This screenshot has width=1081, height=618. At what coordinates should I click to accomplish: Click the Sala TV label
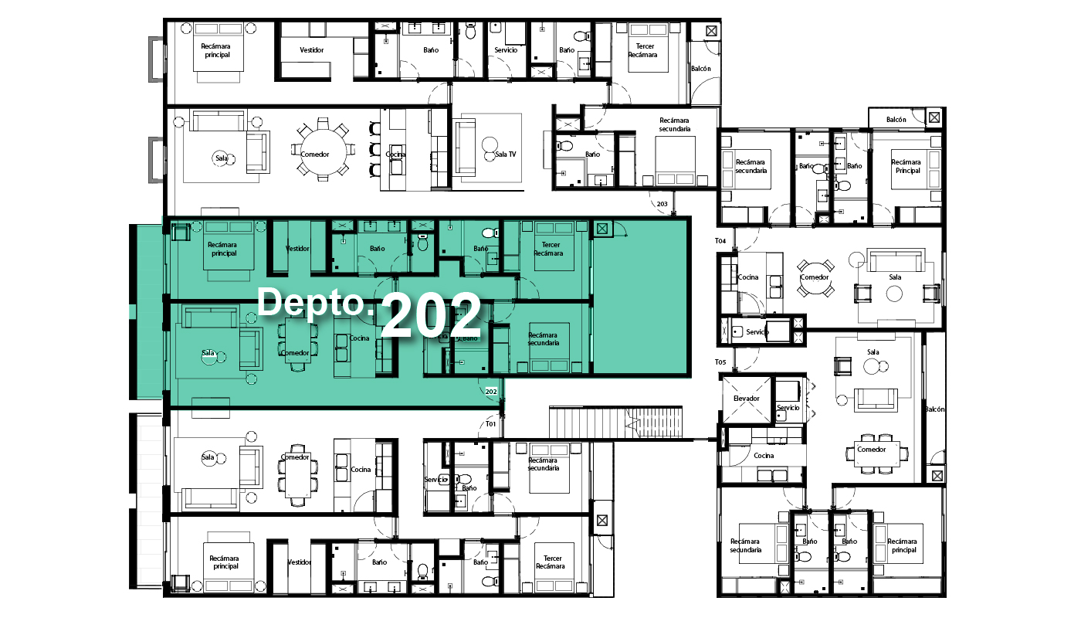pyautogui.click(x=505, y=154)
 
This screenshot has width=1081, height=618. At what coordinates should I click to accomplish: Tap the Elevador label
pyautogui.click(x=746, y=399)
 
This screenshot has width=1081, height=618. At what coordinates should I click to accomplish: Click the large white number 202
pyautogui.click(x=431, y=316)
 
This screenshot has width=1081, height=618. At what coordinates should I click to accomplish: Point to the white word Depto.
pyautogui.click(x=317, y=303)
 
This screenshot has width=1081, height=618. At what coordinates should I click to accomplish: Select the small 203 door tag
pyautogui.click(x=662, y=204)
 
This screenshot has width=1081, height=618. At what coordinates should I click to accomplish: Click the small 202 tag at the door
pyautogui.click(x=491, y=392)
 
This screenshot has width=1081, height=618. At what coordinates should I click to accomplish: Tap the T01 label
pyautogui.click(x=490, y=424)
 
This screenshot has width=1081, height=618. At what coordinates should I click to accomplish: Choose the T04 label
pyautogui.click(x=720, y=240)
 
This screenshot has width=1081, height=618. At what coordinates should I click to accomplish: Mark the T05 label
pyautogui.click(x=720, y=362)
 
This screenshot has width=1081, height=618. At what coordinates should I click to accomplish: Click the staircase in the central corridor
pyautogui.click(x=616, y=423)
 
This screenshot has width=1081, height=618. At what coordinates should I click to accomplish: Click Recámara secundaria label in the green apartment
pyautogui.click(x=544, y=339)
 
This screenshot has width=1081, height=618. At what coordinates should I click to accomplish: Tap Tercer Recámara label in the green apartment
pyautogui.click(x=549, y=249)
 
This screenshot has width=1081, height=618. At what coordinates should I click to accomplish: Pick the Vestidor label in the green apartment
pyautogui.click(x=297, y=248)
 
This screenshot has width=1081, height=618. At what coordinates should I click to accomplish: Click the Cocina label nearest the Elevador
pyautogui.click(x=764, y=455)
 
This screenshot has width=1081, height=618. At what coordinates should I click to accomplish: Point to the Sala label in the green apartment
pyautogui.click(x=208, y=353)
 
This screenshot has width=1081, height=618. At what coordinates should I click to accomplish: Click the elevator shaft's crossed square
pyautogui.click(x=746, y=399)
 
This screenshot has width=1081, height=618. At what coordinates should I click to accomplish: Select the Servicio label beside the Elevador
pyautogui.click(x=788, y=408)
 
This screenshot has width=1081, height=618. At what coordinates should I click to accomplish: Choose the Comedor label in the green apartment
pyautogui.click(x=295, y=353)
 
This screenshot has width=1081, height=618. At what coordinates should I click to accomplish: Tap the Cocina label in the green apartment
pyautogui.click(x=359, y=338)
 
